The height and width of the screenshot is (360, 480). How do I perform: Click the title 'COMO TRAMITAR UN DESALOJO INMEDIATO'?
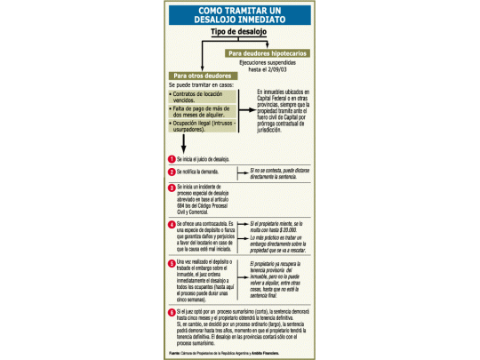[x=240, y=16]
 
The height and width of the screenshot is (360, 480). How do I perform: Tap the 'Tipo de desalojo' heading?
[x=239, y=32]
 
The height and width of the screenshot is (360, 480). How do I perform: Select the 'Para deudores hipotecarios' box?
[x=268, y=53]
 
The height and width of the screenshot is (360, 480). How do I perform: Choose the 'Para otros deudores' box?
[x=197, y=76]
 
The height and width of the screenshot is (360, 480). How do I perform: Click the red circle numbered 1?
[x=172, y=158]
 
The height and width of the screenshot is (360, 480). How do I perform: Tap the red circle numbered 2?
[x=172, y=172]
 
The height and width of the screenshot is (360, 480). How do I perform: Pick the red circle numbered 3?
[x=172, y=188]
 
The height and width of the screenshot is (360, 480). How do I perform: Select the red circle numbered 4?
[x=172, y=224]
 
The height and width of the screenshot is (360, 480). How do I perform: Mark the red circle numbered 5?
[x=172, y=264]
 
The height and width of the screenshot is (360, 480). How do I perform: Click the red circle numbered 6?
[x=172, y=314]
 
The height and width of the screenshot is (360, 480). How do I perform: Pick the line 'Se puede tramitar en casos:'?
[x=201, y=86]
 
